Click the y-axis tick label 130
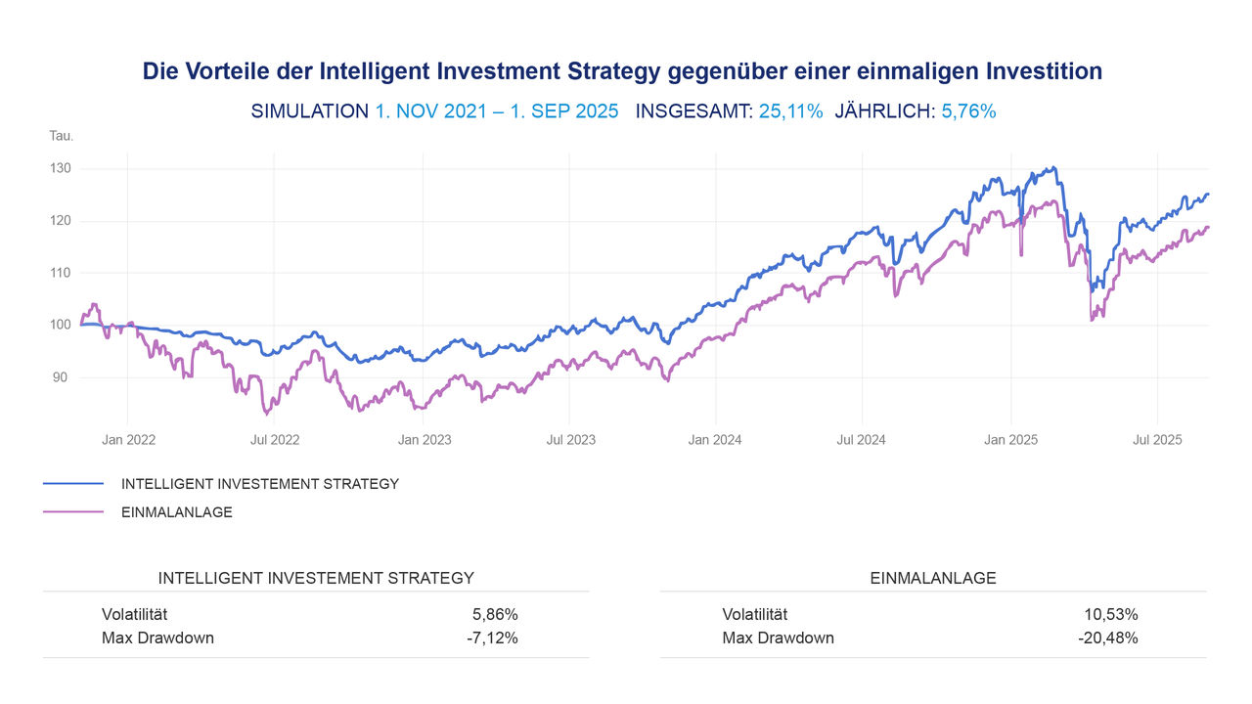click(61, 168)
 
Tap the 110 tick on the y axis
click(61, 273)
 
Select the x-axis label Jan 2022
click(128, 440)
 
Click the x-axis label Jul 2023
click(570, 440)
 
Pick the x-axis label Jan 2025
click(1010, 440)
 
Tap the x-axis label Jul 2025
click(1157, 440)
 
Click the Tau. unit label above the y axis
click(61, 136)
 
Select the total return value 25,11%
click(790, 111)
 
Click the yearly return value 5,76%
click(968, 111)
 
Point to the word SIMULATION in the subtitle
click(309, 111)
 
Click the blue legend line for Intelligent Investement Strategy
click(73, 483)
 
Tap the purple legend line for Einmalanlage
click(73, 511)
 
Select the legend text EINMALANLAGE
click(176, 511)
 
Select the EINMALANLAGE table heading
click(932, 578)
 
